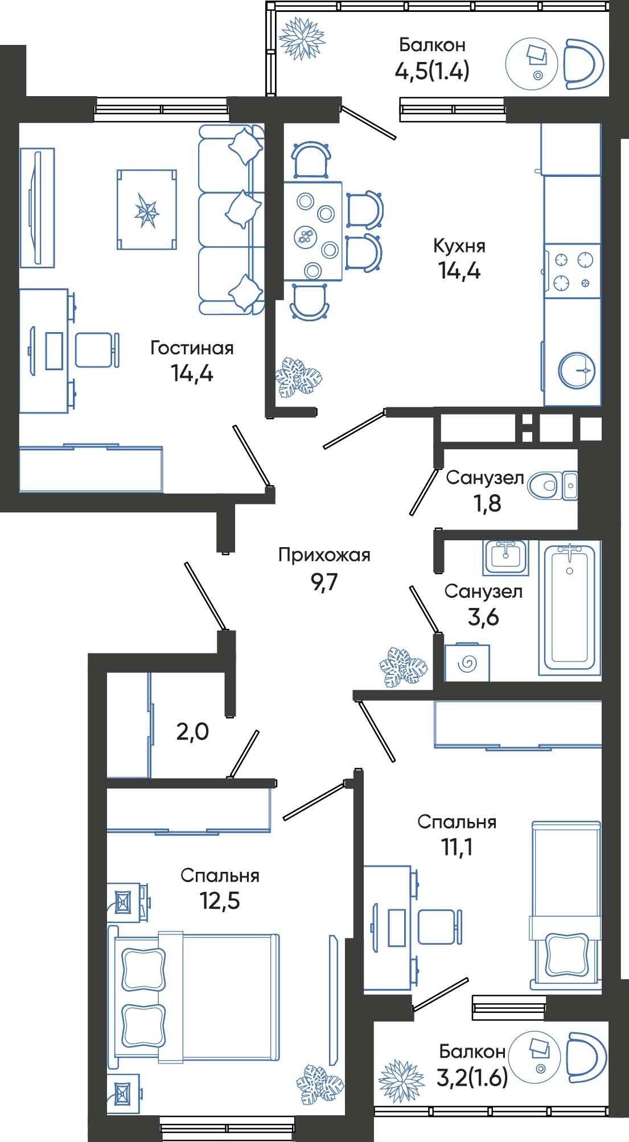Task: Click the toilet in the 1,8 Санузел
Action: click(543, 486)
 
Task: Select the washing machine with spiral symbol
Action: click(467, 663)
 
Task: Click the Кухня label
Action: click(459, 246)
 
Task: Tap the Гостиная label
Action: click(192, 348)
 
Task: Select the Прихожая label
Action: click(324, 555)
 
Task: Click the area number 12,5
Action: click(219, 901)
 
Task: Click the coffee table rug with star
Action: click(146, 209)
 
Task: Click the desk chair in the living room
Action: click(97, 350)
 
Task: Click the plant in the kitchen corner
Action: click(298, 377)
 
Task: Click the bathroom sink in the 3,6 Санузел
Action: click(506, 555)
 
